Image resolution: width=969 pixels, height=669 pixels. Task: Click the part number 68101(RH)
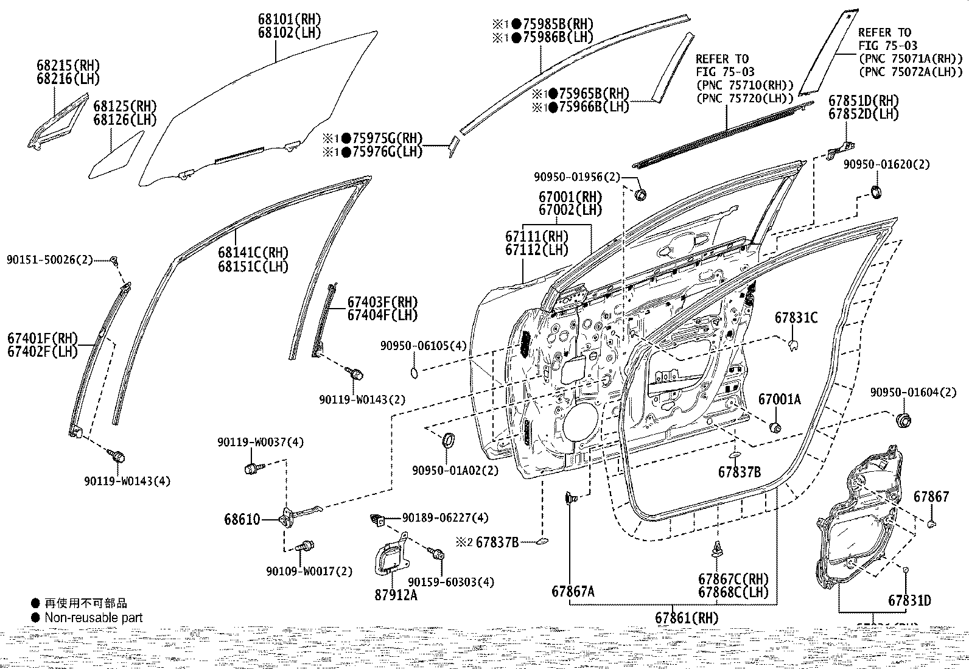click(x=289, y=19)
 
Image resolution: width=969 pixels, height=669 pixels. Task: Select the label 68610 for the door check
click(x=242, y=519)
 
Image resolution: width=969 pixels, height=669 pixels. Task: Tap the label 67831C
click(x=796, y=318)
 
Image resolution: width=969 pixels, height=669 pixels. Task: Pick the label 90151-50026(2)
click(x=50, y=260)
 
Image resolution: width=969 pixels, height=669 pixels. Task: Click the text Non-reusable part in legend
click(x=94, y=617)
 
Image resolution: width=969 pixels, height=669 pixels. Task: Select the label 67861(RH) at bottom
click(x=687, y=617)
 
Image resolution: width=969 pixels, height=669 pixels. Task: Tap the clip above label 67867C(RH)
click(x=717, y=550)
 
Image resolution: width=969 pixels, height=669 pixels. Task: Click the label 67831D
click(x=909, y=601)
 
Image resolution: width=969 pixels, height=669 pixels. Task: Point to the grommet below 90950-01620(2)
click(x=876, y=192)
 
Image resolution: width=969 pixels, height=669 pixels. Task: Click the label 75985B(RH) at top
click(x=551, y=24)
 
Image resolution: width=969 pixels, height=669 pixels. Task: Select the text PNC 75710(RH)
click(x=745, y=85)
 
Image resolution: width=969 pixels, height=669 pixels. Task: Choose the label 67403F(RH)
click(x=383, y=302)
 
